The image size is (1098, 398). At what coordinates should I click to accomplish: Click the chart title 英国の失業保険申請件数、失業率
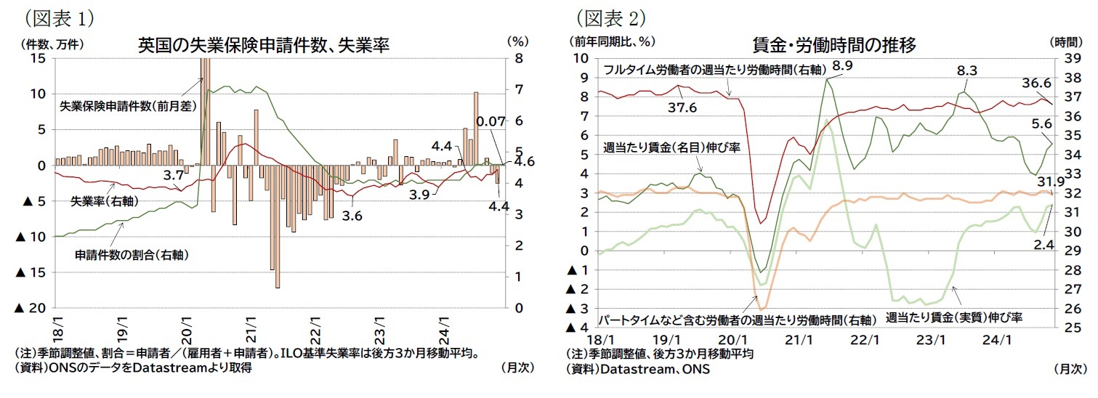pyautogui.click(x=264, y=45)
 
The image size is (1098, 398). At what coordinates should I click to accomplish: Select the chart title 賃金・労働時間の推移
pyautogui.click(x=833, y=45)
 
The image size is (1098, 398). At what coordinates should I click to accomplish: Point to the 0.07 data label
pyautogui.click(x=491, y=122)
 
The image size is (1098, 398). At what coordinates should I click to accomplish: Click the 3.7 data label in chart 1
pyautogui.click(x=172, y=175)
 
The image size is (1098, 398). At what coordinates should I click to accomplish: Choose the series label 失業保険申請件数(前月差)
pyautogui.click(x=129, y=105)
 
